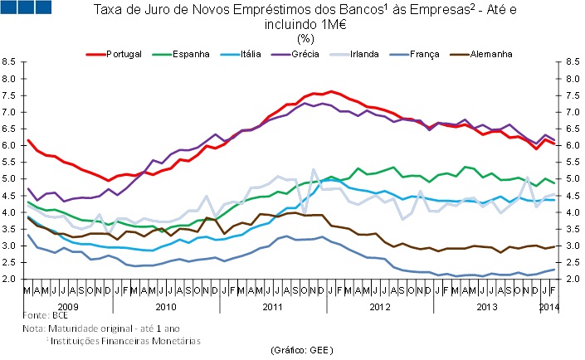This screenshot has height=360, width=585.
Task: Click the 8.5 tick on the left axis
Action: [x=10, y=61]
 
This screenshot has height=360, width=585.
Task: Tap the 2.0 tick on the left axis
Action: [x=10, y=280]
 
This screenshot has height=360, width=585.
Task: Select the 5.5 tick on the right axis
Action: [x=573, y=162]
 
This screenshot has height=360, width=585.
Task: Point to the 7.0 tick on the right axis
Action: [x=573, y=112]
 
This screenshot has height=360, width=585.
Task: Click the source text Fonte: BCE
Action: [x=46, y=316]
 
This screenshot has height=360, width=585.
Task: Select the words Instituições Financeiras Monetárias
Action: [x=124, y=339]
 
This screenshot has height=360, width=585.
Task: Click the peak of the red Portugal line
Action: [x=331, y=91]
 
